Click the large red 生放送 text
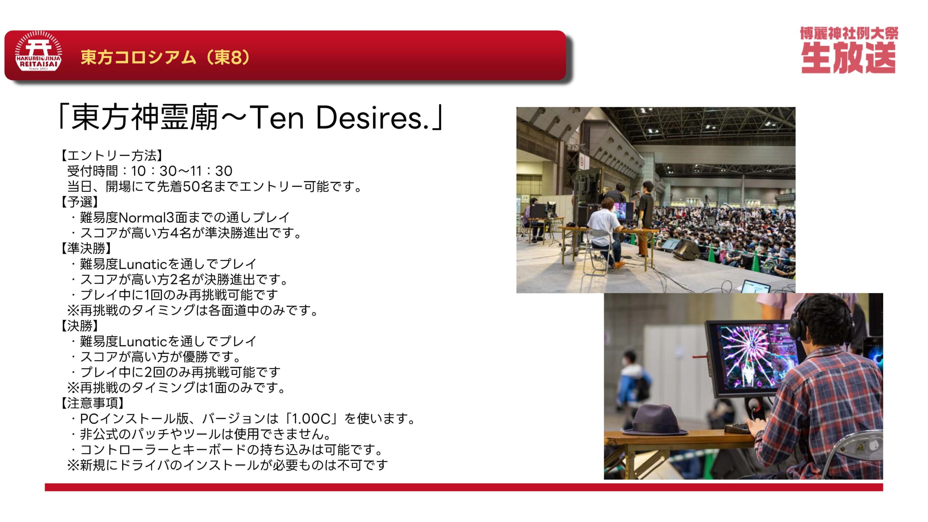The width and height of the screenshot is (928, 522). click(848, 58)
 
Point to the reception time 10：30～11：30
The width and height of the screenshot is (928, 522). click(182, 171)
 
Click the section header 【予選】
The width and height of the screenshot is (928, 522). click(79, 202)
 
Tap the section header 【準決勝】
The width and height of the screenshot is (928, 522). click(86, 248)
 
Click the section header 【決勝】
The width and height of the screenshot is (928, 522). click(79, 326)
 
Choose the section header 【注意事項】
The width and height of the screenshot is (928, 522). click(92, 403)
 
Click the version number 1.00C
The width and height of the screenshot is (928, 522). click(311, 419)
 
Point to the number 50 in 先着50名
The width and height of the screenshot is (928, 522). click(190, 186)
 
